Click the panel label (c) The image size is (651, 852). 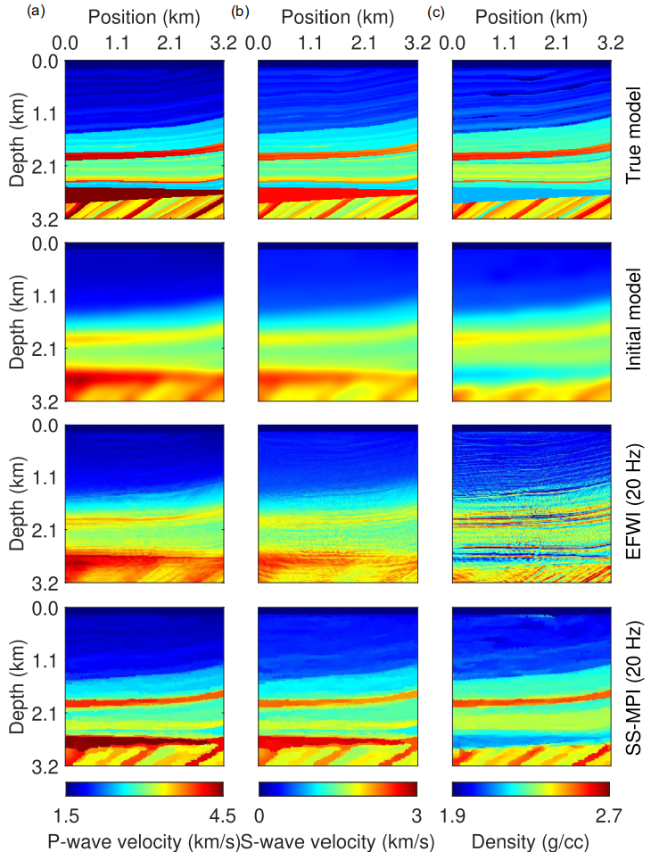click(x=436, y=12)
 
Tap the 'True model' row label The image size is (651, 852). click(x=634, y=140)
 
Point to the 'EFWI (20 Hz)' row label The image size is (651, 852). click(x=634, y=505)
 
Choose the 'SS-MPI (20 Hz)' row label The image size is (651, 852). click(x=634, y=687)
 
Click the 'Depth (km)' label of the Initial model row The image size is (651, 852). click(x=19, y=322)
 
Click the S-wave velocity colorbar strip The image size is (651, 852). click(x=337, y=789)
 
